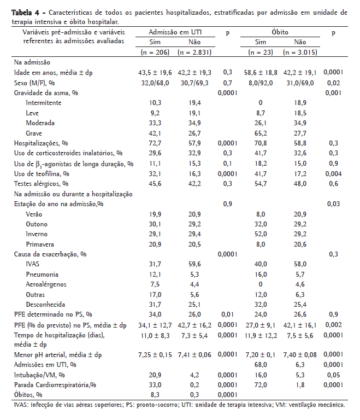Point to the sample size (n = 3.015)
(300, 52)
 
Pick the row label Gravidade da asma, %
(46, 92)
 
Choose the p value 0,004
(333, 173)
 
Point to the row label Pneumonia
(43, 274)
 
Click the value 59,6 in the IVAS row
(193, 264)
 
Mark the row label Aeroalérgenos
(45, 284)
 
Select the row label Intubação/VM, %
(40, 375)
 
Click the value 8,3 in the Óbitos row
(155, 394)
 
